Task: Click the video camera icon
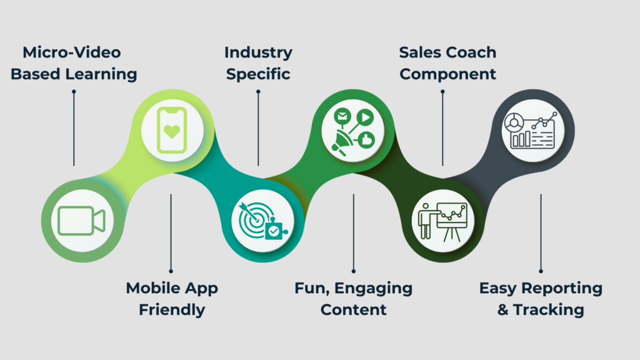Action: (82, 221)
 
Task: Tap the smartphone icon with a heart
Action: (172, 130)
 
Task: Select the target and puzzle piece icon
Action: (263, 221)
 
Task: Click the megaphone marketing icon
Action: (354, 131)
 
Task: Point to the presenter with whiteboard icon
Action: (442, 221)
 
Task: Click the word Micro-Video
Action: (72, 52)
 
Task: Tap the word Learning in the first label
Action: (101, 74)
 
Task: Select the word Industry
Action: (258, 53)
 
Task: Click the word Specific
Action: (258, 74)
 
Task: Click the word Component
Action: (447, 75)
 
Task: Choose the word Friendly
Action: (172, 310)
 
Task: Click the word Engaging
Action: (374, 289)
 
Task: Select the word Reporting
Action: (562, 289)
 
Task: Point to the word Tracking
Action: (549, 310)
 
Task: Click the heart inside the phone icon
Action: (172, 131)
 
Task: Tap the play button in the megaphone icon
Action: (365, 117)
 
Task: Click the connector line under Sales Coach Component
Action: (442, 128)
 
